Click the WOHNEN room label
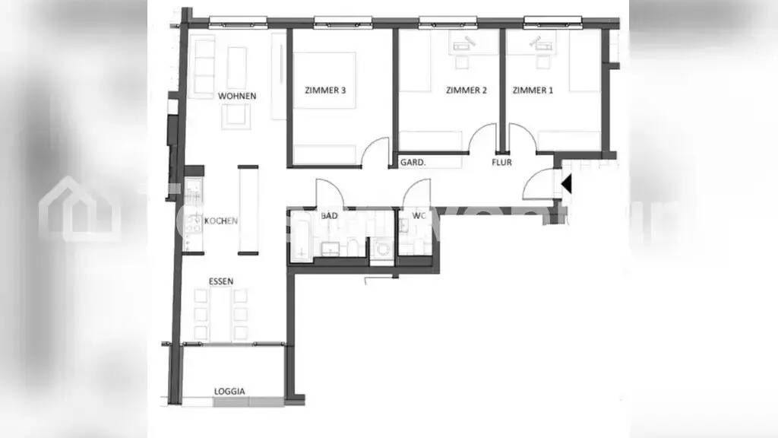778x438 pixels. tap(236, 97)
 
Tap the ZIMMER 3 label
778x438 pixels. tap(325, 90)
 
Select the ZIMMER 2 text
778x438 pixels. tap(466, 90)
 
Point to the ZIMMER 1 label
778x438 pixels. tap(533, 90)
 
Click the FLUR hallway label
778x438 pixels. tap(501, 162)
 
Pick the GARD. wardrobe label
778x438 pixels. tap(413, 162)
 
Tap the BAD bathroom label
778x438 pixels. tap(329, 216)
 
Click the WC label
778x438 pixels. tap(419, 216)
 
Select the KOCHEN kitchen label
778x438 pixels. tap(221, 221)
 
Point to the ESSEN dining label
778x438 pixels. tap(221, 281)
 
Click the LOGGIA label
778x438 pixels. tap(229, 392)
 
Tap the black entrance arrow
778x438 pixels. tap(565, 184)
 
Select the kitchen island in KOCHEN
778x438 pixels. tap(248, 209)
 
